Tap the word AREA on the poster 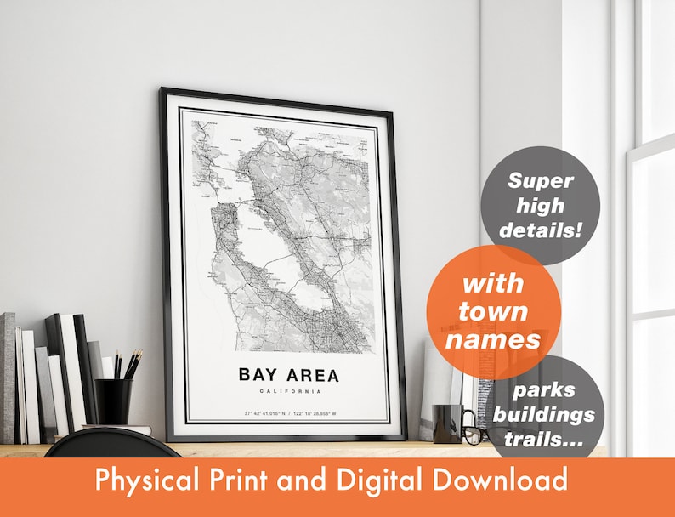click(311, 374)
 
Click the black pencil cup click(113, 401)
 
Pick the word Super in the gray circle click(541, 180)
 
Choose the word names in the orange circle click(493, 340)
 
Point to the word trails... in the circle click(556, 440)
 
